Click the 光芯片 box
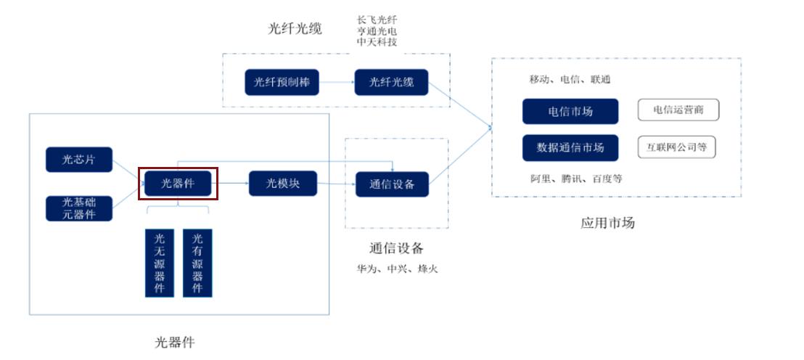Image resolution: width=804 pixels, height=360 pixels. (x=79, y=160)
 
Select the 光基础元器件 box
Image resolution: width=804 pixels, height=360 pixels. (x=79, y=208)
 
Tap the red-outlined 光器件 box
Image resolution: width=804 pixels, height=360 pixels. (x=179, y=183)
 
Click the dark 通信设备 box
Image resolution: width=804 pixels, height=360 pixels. (x=391, y=184)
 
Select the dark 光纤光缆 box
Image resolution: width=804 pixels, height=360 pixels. (x=391, y=82)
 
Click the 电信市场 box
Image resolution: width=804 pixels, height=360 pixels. (x=570, y=111)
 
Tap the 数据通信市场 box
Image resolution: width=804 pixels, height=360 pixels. (x=570, y=147)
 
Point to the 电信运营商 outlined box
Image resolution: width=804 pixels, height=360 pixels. (x=678, y=110)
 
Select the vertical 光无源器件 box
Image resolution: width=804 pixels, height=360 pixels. (x=160, y=263)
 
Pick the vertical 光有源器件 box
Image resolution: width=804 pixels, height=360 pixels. (x=197, y=263)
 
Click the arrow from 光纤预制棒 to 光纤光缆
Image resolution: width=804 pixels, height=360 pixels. (x=337, y=83)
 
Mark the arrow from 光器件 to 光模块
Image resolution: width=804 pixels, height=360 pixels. (x=233, y=184)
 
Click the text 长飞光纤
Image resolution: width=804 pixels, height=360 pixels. (x=377, y=20)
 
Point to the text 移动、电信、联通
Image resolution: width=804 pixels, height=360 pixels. (x=570, y=79)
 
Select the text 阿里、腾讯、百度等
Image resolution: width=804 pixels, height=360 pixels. (x=575, y=179)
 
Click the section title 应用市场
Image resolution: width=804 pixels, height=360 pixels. (x=607, y=223)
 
